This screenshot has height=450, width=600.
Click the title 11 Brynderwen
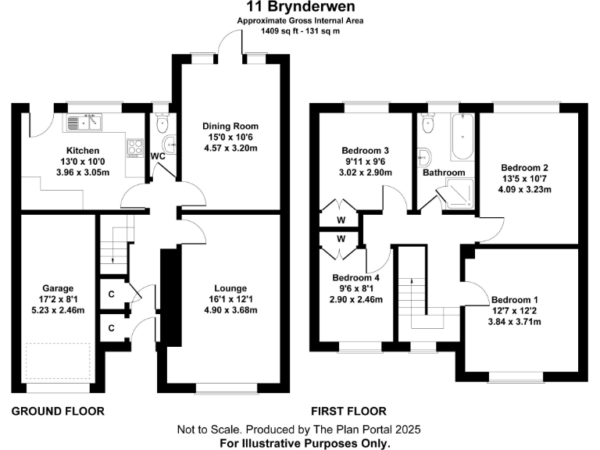(301, 9)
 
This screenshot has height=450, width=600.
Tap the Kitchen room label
(82, 151)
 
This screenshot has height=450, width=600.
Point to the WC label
(157, 155)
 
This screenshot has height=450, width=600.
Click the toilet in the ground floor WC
(162, 123)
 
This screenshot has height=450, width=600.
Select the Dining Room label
(230, 126)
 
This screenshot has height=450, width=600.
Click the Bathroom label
(444, 173)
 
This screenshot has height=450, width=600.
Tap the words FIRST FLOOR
(348, 410)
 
